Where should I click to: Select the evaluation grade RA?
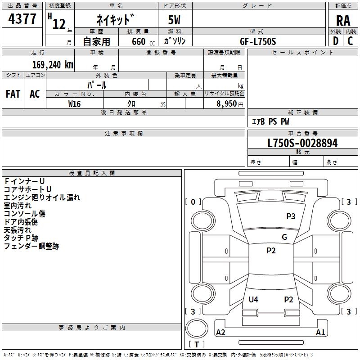(343, 21)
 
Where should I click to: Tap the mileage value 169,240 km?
(53, 64)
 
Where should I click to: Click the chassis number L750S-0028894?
(302, 144)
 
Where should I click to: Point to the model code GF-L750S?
(258, 41)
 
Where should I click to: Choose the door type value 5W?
(175, 21)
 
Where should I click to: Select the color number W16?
(75, 103)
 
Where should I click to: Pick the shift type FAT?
(13, 94)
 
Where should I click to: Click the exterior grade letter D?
(335, 41)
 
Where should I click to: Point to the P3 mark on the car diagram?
(291, 216)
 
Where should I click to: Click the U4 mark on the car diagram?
(253, 300)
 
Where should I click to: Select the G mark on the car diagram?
(284, 237)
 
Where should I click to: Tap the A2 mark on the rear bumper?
(221, 333)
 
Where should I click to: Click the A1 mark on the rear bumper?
(320, 333)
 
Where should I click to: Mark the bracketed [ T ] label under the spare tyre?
(197, 344)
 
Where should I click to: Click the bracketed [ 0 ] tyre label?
(193, 202)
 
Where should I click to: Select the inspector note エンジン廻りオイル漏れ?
(42, 197)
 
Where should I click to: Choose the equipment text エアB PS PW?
(270, 121)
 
